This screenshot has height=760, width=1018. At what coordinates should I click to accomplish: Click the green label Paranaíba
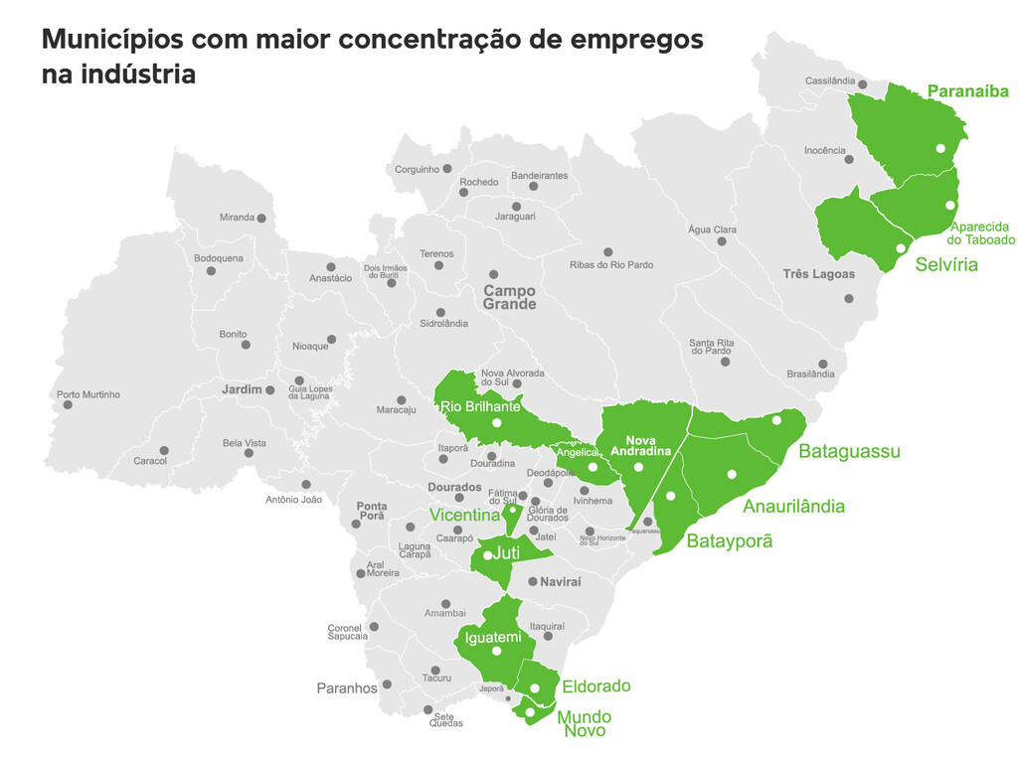pos(967,91)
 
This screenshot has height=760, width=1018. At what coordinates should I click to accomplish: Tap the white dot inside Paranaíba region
pos(939,148)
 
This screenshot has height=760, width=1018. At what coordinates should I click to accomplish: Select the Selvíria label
pos(946,264)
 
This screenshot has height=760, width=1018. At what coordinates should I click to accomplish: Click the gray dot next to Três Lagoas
pos(848,298)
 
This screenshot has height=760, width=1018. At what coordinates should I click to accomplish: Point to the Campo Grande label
pos(509,297)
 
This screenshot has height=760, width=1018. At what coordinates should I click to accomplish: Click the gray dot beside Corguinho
pos(447,169)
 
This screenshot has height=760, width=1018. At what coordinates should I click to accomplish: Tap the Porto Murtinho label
pos(88,394)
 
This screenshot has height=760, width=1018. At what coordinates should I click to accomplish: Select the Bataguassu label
pos(849,451)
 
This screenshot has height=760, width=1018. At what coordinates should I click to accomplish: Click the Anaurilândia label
pos(793,506)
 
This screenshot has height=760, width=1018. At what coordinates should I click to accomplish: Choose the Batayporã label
pos(729,541)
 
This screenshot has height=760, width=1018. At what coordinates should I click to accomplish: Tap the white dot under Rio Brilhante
pos(496,424)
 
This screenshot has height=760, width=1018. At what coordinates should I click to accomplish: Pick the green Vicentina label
pos(464,515)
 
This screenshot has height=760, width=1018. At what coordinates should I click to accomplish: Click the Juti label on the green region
pos(506,552)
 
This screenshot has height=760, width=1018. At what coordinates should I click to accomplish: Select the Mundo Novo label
pos(584,723)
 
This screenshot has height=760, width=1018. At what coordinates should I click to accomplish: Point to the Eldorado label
pos(595,685)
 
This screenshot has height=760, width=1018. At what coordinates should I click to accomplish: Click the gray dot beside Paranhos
pos(387,684)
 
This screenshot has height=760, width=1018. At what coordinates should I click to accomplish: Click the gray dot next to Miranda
pos(261,218)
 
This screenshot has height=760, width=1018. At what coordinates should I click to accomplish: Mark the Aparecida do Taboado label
pos(980,232)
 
